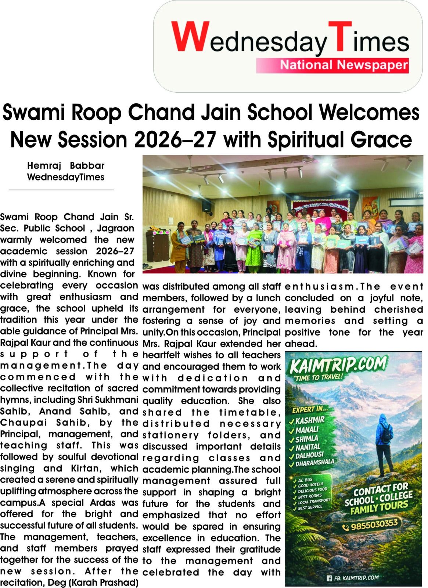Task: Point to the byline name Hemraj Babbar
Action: click(x=66, y=166)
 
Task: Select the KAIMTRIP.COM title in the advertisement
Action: click(x=338, y=365)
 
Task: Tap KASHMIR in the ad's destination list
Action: click(x=310, y=420)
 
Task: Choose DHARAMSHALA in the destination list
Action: click(x=315, y=463)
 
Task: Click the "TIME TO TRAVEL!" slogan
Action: click(x=317, y=377)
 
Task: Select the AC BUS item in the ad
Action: click(x=305, y=480)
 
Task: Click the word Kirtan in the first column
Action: click(x=86, y=469)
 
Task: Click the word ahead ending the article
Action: click(x=301, y=344)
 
